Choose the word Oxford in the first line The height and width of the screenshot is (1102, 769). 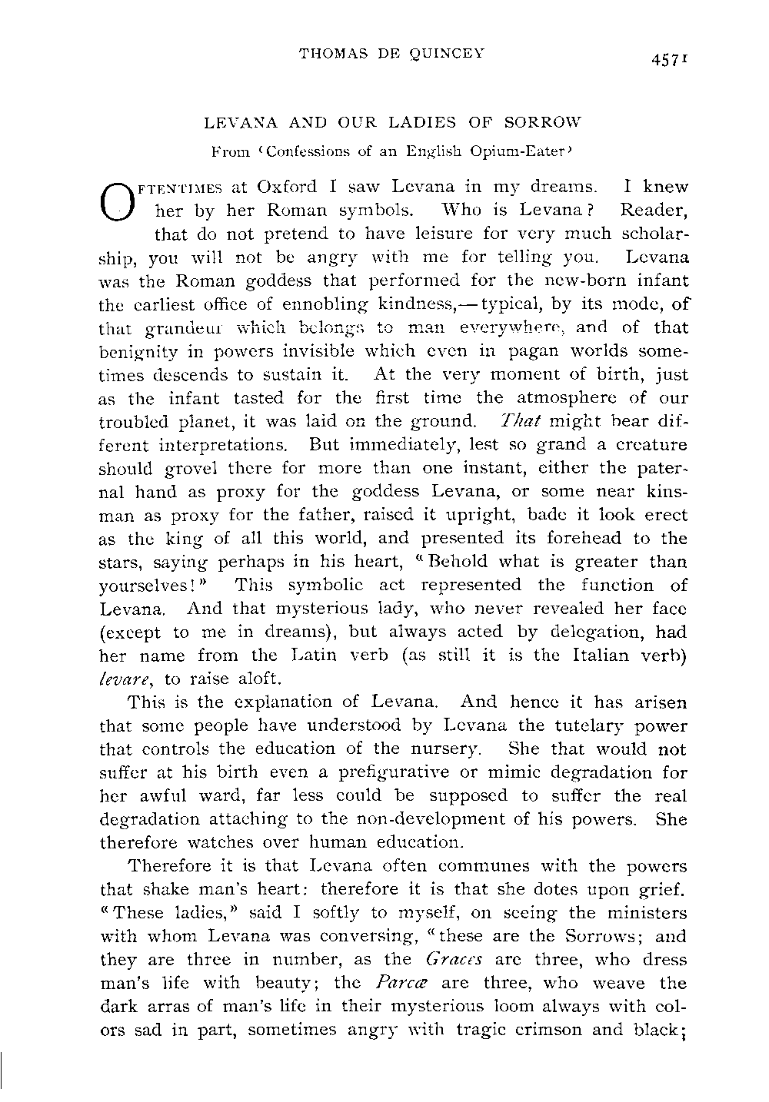(288, 187)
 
